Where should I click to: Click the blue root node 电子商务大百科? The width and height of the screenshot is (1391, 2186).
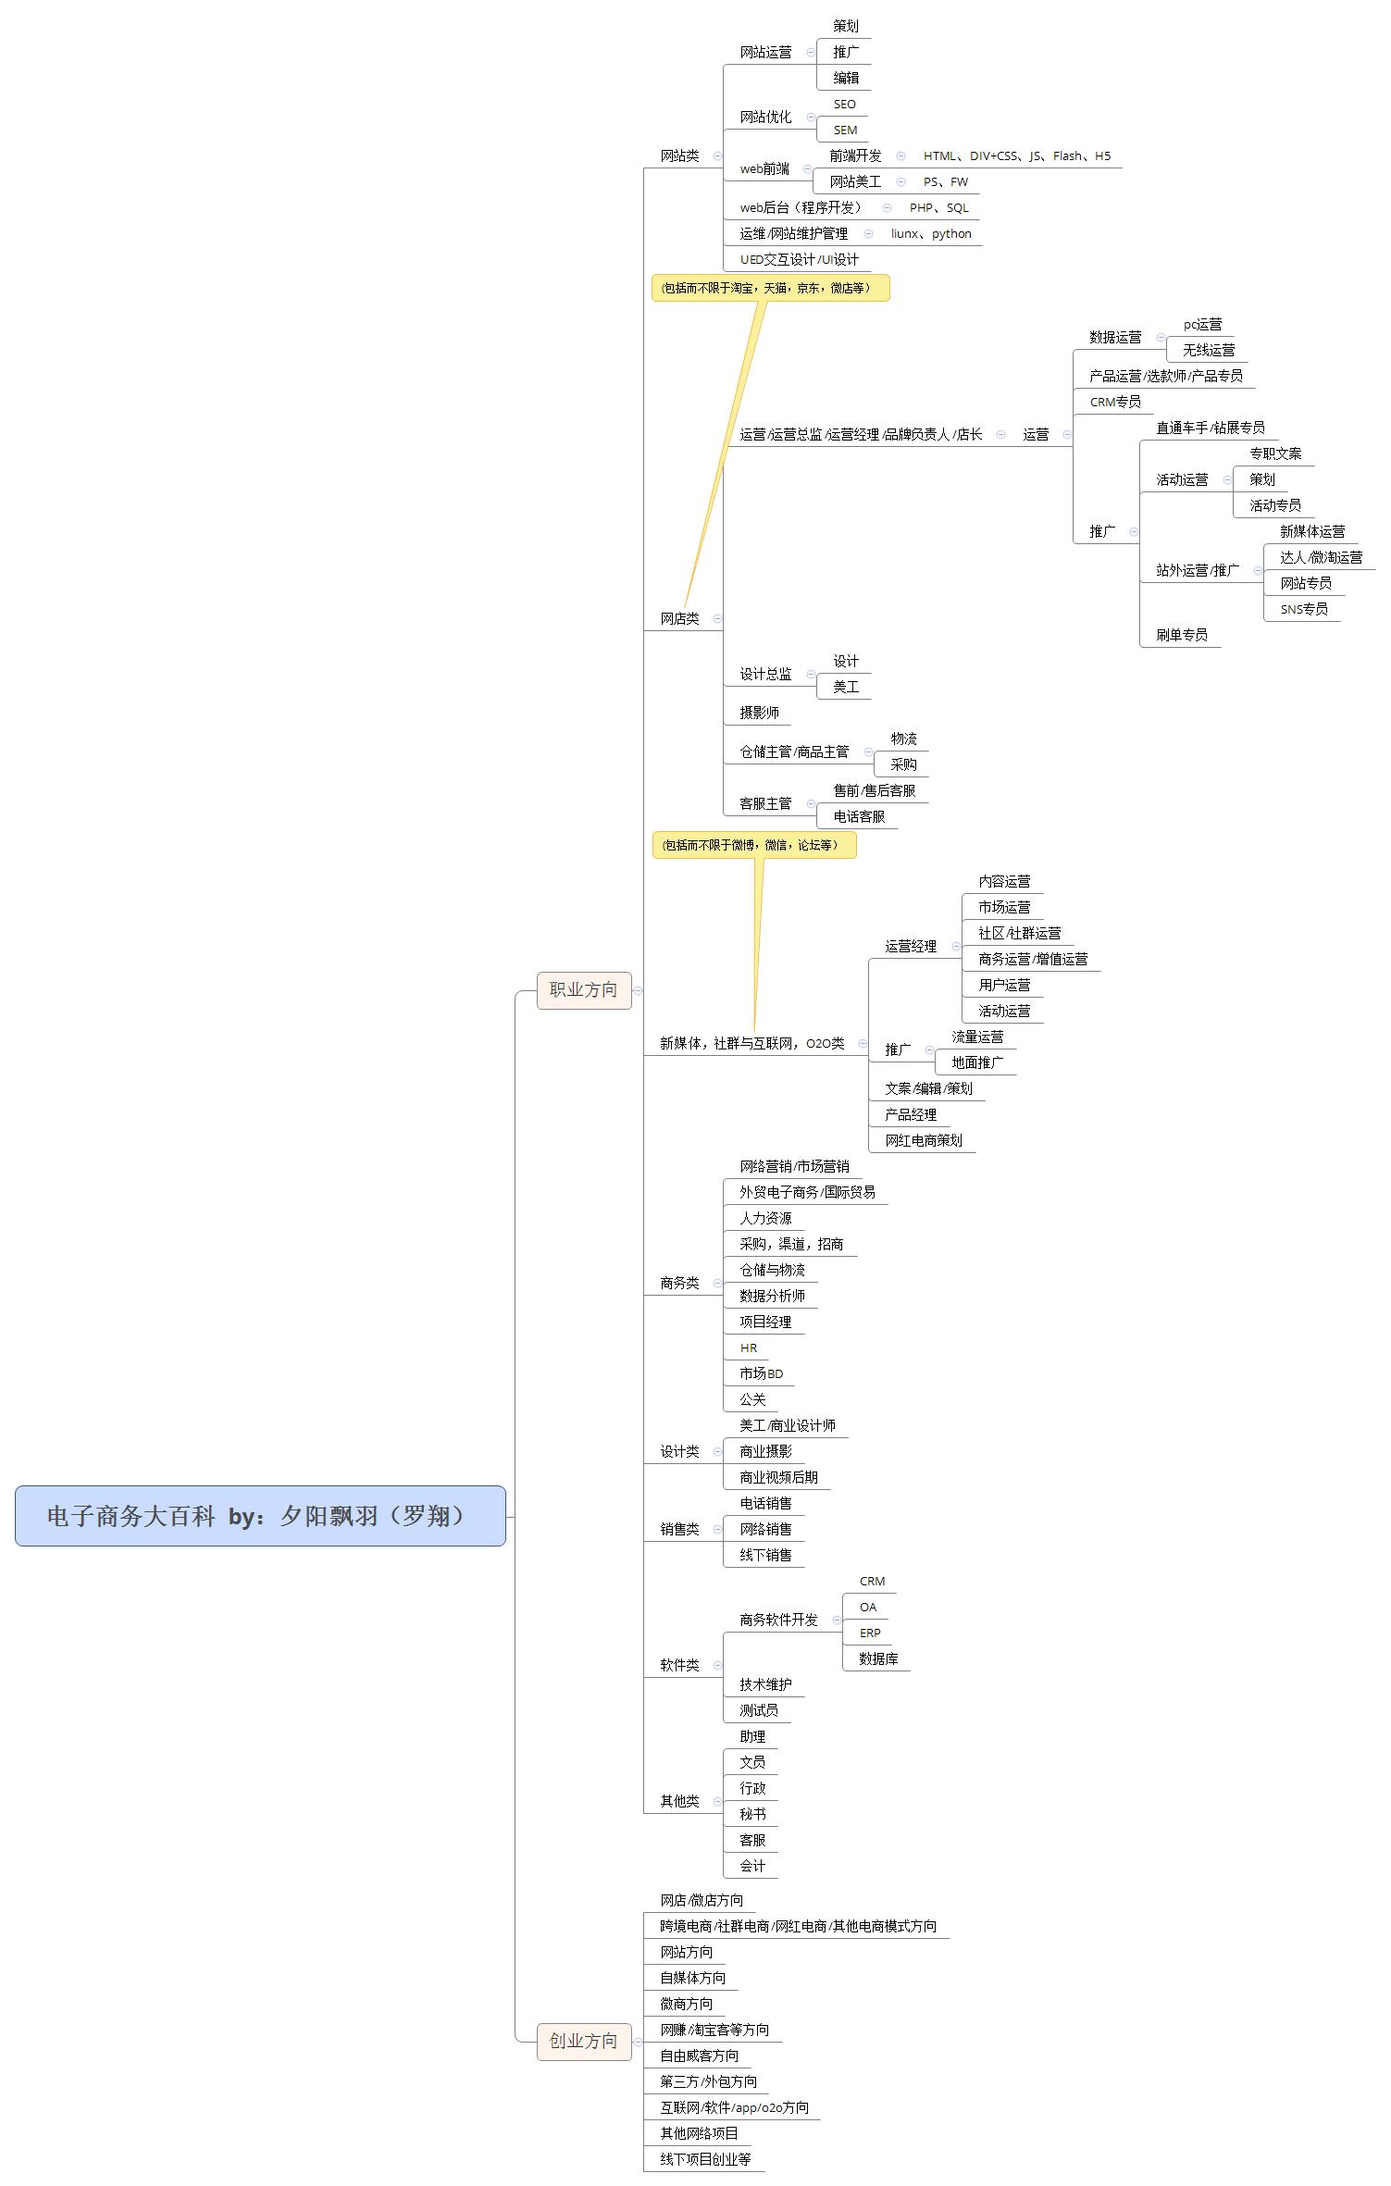click(260, 1516)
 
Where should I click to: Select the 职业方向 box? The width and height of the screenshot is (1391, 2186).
click(583, 990)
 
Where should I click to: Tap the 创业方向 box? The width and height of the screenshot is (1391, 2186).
click(583, 2042)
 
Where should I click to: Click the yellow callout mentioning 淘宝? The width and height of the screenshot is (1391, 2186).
click(770, 288)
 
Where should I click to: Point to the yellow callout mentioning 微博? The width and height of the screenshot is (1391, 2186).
click(753, 845)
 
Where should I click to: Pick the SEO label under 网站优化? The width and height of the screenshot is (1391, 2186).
click(844, 105)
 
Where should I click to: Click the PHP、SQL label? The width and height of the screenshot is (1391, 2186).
click(938, 208)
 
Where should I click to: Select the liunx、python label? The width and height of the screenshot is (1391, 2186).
click(930, 234)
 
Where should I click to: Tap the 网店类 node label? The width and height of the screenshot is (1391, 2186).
click(679, 619)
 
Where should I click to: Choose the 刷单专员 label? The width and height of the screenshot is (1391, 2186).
click(1181, 635)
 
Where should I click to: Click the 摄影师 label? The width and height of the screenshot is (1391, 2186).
click(759, 713)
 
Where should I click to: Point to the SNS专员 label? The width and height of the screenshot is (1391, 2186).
click(1303, 609)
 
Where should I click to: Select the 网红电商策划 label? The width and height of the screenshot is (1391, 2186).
click(923, 1141)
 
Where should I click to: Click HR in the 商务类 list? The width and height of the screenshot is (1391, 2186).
click(748, 1348)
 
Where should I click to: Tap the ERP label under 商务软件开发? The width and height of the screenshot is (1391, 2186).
click(870, 1633)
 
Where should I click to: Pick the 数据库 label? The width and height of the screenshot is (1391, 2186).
click(878, 1659)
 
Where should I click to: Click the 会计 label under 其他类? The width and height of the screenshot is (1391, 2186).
click(751, 1867)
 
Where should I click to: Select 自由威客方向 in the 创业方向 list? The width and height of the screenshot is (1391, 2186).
click(699, 2056)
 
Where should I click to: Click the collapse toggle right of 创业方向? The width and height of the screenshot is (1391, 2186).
click(638, 2042)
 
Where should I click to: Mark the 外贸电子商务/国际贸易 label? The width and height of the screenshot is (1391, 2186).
click(807, 1193)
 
